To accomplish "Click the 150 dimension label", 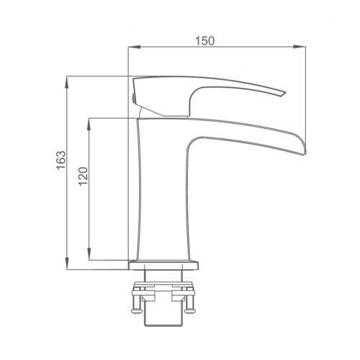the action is click(x=204, y=41).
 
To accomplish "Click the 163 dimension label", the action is click(x=61, y=160).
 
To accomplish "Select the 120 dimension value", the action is click(x=84, y=176).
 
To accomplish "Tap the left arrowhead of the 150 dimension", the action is click(x=134, y=47).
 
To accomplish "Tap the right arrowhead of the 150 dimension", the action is click(x=300, y=47).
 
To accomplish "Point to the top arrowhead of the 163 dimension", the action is click(x=67, y=82).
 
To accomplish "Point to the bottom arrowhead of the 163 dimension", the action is click(x=67, y=264).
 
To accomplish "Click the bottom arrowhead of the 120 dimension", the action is click(x=89, y=254).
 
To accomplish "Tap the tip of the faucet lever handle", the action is click(x=285, y=93).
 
